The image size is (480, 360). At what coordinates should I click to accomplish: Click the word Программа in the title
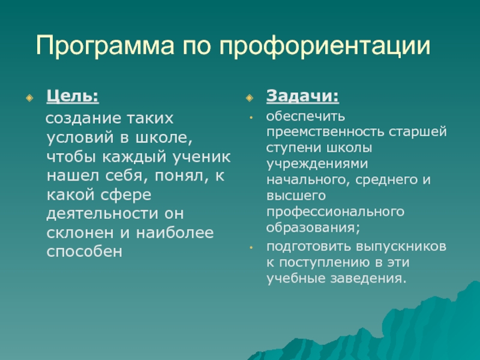tap(105, 46)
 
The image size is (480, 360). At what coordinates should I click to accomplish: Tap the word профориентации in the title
tap(325, 46)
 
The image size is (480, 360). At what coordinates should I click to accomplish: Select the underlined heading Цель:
tap(73, 96)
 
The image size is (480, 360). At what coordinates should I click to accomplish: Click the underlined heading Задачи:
tap(303, 96)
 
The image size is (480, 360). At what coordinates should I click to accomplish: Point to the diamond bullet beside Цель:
tap(29, 98)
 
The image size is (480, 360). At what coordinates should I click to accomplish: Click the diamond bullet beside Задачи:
tap(250, 98)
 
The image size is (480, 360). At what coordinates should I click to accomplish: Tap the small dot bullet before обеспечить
tap(251, 117)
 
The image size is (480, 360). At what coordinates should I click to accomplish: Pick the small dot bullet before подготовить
tap(251, 247)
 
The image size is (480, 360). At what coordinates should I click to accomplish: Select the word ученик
tap(202, 157)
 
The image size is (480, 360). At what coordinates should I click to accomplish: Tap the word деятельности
tap(102, 214)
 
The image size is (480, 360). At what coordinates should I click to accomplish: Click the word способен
tap(85, 251)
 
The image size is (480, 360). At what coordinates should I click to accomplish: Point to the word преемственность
tap(325, 132)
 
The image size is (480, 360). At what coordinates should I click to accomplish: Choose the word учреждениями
tap(317, 164)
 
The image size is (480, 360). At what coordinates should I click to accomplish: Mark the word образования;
tap(313, 228)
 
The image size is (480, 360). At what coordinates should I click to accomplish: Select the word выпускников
tap(401, 247)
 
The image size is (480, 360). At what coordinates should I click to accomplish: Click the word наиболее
tap(175, 233)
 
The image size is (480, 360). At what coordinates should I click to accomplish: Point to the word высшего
tap(296, 196)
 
